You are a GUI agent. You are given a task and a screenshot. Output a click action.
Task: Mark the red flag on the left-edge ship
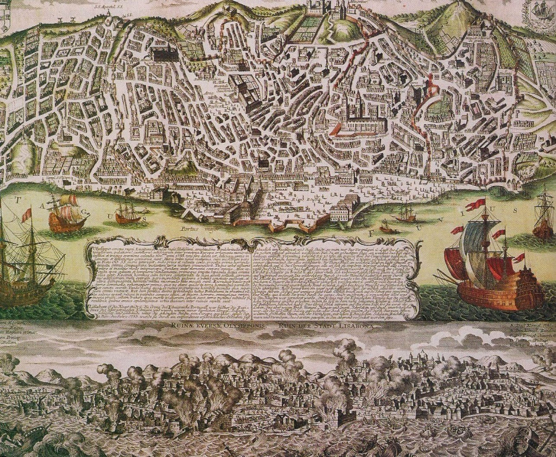[27, 215]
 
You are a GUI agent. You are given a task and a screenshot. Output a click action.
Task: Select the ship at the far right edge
[543, 216]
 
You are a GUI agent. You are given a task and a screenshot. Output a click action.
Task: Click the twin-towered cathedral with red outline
[353, 111]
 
